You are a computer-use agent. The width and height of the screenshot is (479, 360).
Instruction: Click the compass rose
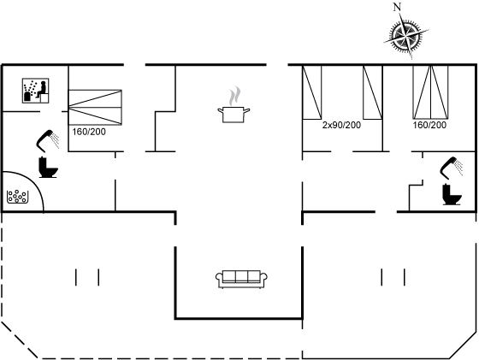[406, 35]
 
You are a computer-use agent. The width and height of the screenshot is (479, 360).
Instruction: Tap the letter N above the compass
[397, 7]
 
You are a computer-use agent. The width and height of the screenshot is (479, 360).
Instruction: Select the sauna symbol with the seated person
[35, 91]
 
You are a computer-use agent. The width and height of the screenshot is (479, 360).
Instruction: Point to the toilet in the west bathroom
[48, 167]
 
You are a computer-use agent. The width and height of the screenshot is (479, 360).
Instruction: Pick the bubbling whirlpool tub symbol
[18, 197]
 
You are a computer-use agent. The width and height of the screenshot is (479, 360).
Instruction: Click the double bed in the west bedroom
[95, 107]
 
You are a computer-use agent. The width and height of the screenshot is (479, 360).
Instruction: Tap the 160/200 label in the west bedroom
[89, 132]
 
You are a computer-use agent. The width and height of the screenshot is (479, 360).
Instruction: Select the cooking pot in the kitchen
[234, 115]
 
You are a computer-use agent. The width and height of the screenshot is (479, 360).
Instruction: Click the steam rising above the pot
[234, 96]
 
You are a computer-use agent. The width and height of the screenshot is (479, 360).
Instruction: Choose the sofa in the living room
[241, 279]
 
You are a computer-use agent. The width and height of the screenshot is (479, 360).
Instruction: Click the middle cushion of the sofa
[241, 277]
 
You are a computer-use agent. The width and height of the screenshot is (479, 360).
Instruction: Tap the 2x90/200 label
[341, 125]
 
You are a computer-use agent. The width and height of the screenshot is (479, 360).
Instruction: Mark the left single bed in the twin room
[312, 92]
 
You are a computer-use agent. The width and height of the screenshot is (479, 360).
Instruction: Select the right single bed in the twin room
[372, 92]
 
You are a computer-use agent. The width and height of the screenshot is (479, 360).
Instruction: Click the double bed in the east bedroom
[430, 92]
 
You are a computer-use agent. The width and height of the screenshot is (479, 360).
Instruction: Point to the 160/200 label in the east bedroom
[429, 125]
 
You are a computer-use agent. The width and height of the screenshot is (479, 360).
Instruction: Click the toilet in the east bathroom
[452, 194]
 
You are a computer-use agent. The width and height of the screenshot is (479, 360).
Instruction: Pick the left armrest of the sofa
[219, 279]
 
